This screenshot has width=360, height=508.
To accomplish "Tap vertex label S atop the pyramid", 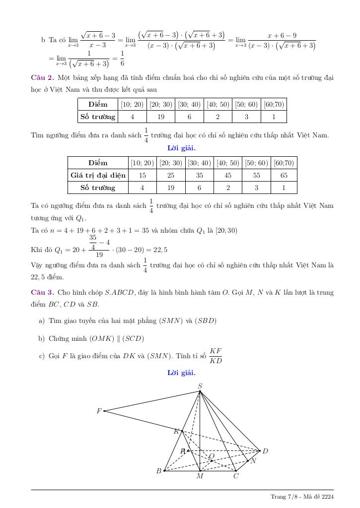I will pos(200,386).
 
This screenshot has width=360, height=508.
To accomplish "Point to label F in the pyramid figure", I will pos(99,411).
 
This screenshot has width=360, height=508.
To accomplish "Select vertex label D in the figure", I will pos(265,451).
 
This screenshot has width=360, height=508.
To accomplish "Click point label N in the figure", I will pos(253,461).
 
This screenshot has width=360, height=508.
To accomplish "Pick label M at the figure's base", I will pos(200,476).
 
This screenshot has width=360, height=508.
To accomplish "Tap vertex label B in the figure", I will pos(159,471).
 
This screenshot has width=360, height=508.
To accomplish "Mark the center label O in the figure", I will pos(212,456).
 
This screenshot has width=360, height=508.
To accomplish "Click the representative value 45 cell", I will pos(228,175).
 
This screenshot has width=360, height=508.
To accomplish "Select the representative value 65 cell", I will pos(284,175).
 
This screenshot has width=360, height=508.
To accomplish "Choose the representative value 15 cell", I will pos(143,175).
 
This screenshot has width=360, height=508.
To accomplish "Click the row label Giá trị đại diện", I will pos(98,175).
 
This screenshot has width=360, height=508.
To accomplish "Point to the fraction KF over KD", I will pos(216,355).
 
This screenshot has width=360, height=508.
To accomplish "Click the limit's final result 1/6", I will pos(122,59).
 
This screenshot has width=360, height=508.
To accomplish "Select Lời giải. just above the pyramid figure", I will pos(181,373).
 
